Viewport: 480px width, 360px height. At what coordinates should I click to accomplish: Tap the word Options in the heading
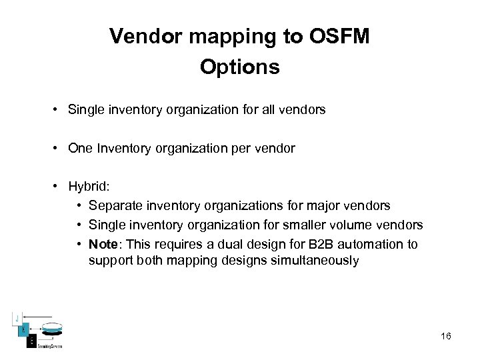239,68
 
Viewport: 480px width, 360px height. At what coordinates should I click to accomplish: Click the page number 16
446,336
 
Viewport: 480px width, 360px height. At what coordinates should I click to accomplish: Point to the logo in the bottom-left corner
39,330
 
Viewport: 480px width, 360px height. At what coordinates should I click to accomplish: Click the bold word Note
102,244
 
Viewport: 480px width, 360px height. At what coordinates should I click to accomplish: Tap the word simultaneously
315,261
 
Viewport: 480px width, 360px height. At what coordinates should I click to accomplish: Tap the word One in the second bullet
79,148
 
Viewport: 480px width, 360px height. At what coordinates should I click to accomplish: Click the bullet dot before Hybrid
58,187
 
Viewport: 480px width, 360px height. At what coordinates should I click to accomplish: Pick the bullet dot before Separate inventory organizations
79,205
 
